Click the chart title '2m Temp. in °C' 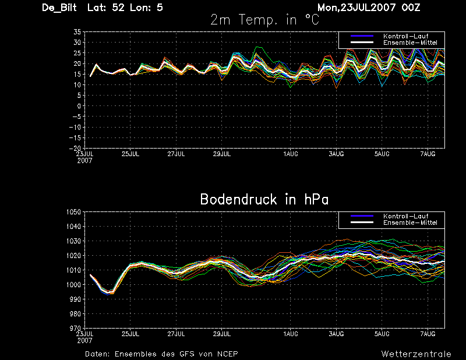tap(264, 20)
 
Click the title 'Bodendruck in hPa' tap(264, 199)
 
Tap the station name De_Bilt tap(59, 8)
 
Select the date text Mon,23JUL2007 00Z tap(369, 8)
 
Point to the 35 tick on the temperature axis tap(77, 32)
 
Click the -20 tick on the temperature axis tap(75, 148)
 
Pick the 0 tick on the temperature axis tap(79, 106)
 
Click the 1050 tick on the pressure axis tap(74, 212)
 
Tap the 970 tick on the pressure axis tap(75, 328)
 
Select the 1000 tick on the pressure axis tap(74, 284)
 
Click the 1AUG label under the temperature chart tap(291, 154)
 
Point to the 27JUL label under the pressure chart tap(176, 334)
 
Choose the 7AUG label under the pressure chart tap(428, 334)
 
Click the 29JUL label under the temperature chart tap(222, 154)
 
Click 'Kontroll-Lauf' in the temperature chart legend tap(405, 36)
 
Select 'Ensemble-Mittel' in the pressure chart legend tap(410, 223)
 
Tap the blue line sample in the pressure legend tap(362, 216)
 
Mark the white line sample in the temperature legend tap(362, 43)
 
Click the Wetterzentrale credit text tap(416, 354)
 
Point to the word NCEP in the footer tap(227, 354)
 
